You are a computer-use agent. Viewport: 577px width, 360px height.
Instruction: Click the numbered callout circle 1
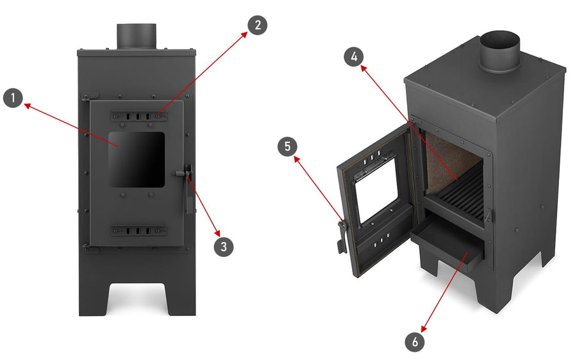pyautogui.click(x=13, y=98)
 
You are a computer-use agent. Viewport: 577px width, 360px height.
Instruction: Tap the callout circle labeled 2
pyautogui.click(x=257, y=25)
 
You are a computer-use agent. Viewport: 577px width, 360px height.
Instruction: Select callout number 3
pyautogui.click(x=224, y=247)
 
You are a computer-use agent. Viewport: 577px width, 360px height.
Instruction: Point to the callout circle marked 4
pyautogui.click(x=354, y=56)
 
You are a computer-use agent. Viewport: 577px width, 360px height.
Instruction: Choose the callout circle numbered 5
pyautogui.click(x=287, y=146)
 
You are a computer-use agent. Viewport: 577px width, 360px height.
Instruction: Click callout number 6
pyautogui.click(x=415, y=342)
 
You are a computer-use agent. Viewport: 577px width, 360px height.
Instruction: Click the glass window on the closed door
pyautogui.click(x=137, y=160)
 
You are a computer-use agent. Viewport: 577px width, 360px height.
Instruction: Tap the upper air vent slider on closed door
pyautogui.click(x=138, y=116)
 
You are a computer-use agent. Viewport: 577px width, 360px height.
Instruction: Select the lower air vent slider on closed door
pyautogui.click(x=138, y=231)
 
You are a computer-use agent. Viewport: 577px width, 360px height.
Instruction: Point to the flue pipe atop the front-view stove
pyautogui.click(x=137, y=36)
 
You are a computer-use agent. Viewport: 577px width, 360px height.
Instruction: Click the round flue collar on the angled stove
pyautogui.click(x=499, y=51)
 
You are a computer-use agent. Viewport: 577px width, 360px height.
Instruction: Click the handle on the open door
pyautogui.click(x=342, y=236)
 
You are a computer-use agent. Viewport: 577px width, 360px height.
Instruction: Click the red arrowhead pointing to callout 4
pyautogui.click(x=364, y=69)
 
